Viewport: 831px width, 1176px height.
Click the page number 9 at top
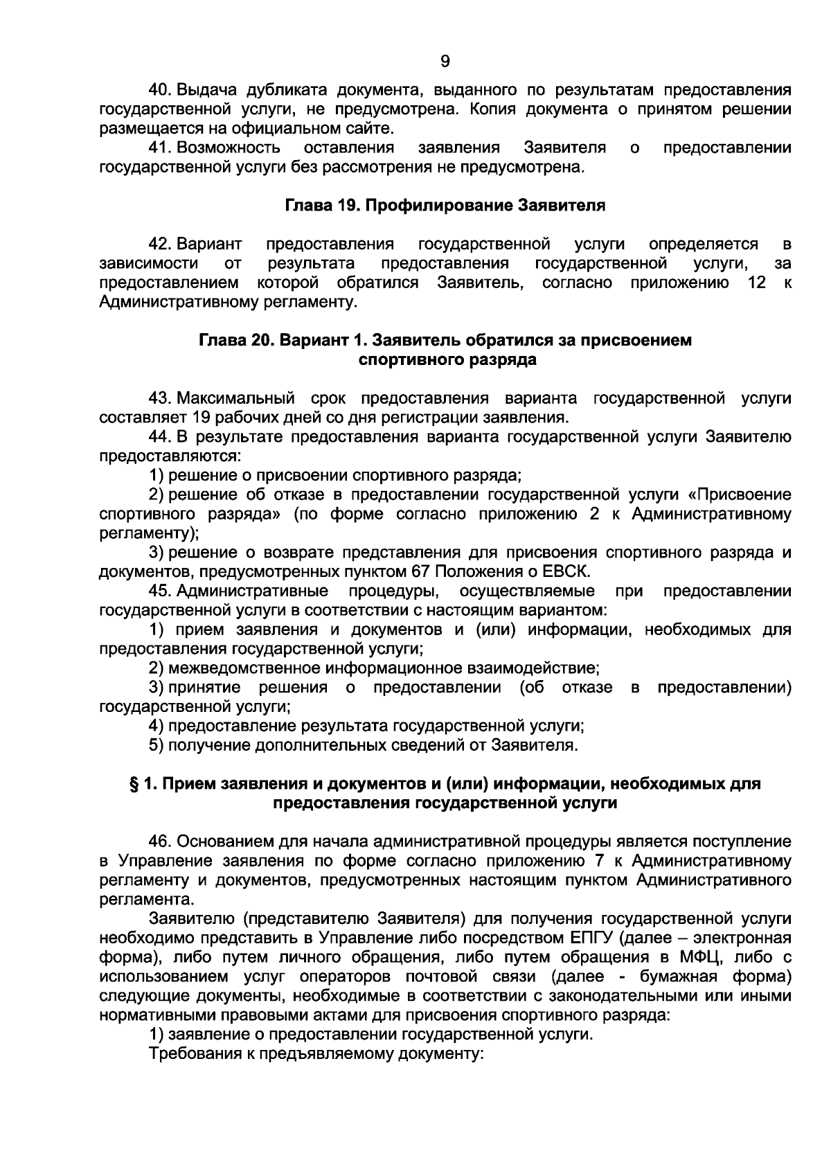coord(445,62)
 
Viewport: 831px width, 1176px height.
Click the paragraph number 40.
coord(161,90)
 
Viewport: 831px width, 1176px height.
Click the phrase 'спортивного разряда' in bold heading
coord(447,360)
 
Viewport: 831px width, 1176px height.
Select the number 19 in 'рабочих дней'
coord(204,418)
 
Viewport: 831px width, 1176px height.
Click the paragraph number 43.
coord(161,398)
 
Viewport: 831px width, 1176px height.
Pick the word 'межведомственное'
coord(244,668)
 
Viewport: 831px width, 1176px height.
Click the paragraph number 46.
coord(161,841)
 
